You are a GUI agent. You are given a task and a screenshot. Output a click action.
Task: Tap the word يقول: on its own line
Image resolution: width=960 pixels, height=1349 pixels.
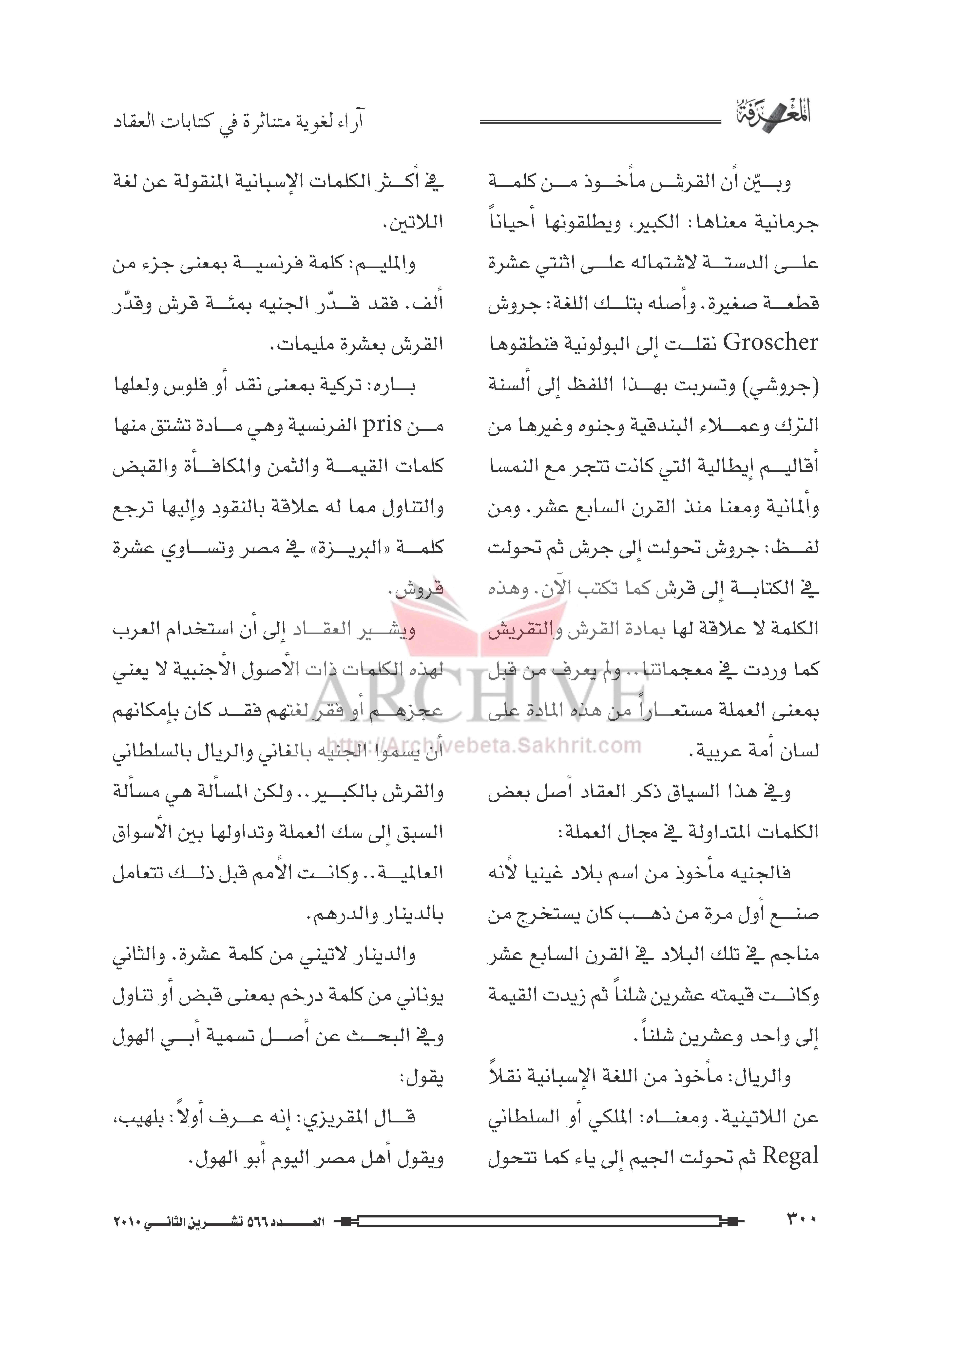tap(423, 1078)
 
